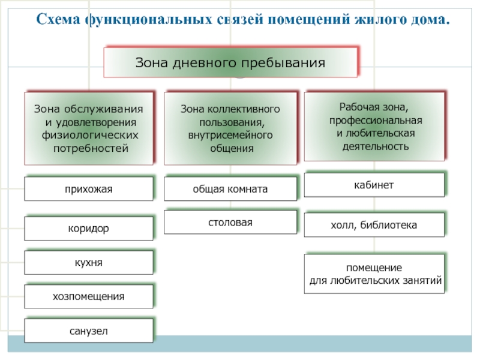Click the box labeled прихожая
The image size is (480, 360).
pyautogui.click(x=89, y=189)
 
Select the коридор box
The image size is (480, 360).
pyautogui.click(x=89, y=229)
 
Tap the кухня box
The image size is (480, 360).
pyautogui.click(x=89, y=263)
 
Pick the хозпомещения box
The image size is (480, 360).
pyautogui.click(x=89, y=296)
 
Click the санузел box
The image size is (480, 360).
pyautogui.click(x=89, y=331)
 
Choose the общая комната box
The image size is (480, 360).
pyautogui.click(x=230, y=189)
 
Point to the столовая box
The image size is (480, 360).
pyautogui.click(x=230, y=223)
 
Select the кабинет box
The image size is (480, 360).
pyautogui.click(x=374, y=185)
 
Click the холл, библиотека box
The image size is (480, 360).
pyautogui.click(x=374, y=225)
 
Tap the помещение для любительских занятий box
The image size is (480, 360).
pyautogui.click(x=375, y=274)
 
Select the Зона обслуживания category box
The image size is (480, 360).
pyautogui.click(x=89, y=128)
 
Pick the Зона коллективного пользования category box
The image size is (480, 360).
pyautogui.click(x=230, y=128)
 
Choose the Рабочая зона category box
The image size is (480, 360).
pyautogui.click(x=374, y=127)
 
